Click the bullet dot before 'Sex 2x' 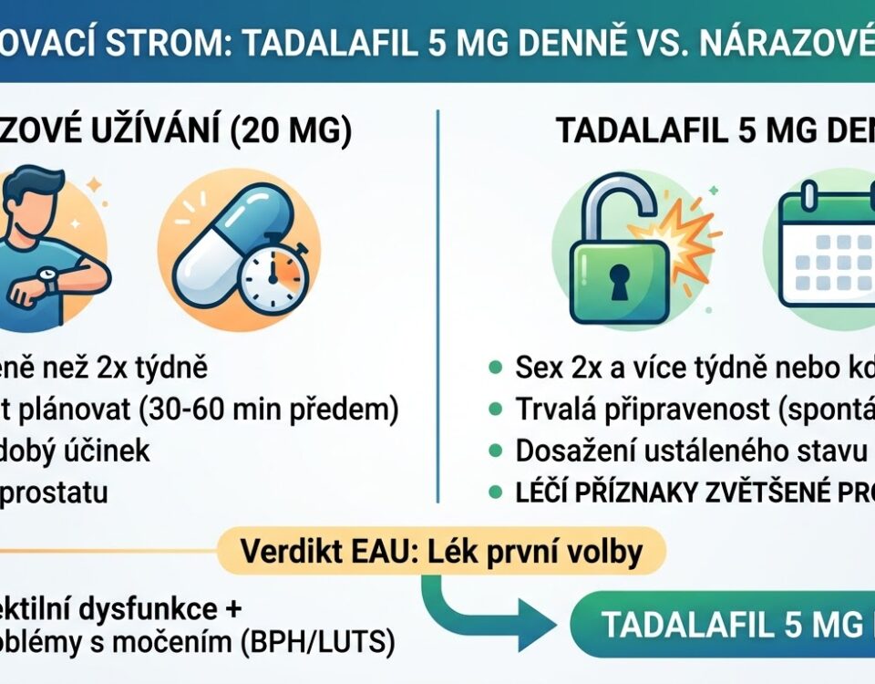tap(494, 368)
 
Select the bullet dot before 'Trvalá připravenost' tap(494, 409)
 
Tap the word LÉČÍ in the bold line tap(537, 492)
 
